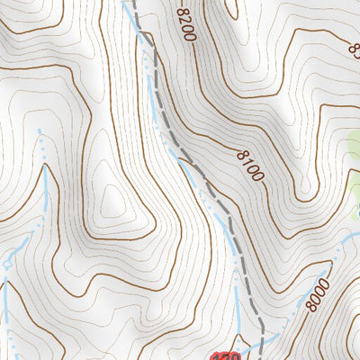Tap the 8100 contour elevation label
click(x=250, y=166)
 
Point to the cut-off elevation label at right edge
click(x=354, y=50)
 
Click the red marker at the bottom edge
click(x=228, y=356)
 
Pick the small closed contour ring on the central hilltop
click(x=112, y=193)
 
